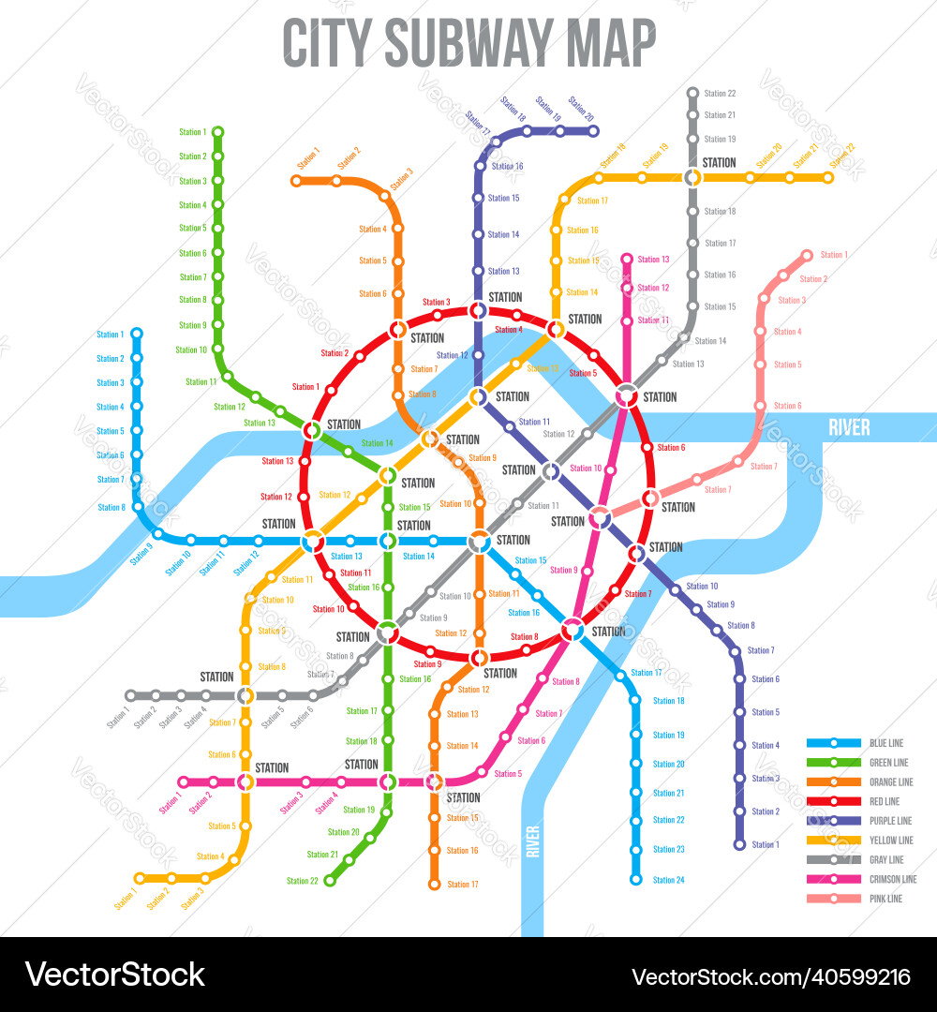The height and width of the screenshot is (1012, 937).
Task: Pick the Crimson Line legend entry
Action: (x=893, y=879)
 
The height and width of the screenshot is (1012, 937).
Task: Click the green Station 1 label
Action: (x=192, y=132)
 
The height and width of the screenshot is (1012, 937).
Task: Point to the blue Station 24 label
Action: (x=668, y=880)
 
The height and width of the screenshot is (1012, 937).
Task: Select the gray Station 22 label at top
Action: (x=720, y=94)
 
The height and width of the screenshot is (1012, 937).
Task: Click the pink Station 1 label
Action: (x=833, y=255)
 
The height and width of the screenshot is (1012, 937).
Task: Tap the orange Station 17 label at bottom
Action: (x=462, y=885)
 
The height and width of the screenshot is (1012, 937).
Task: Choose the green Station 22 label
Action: (x=303, y=881)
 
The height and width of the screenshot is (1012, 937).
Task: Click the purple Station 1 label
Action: (x=765, y=845)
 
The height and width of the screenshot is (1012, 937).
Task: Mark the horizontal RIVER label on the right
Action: (x=849, y=428)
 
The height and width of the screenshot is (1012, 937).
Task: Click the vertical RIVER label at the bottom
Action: (x=532, y=841)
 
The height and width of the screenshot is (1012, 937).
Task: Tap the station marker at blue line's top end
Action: (x=137, y=333)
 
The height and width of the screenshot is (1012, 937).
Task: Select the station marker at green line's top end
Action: (x=217, y=131)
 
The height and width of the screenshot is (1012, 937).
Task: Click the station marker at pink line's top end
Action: (x=806, y=255)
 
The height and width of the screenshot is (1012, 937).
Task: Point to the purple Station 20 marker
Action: (x=593, y=131)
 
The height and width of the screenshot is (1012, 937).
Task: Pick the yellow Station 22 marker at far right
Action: (x=828, y=177)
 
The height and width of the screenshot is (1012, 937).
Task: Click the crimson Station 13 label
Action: (x=653, y=260)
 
